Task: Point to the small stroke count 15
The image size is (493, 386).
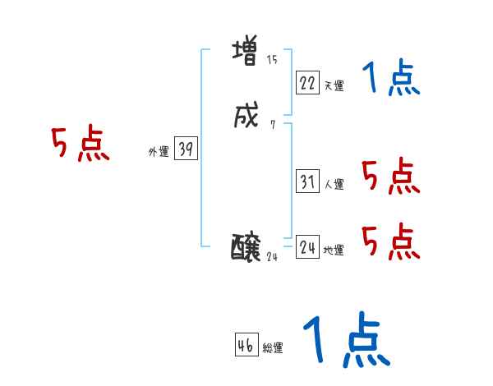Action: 272,60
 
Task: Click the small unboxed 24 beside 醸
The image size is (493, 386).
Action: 274,256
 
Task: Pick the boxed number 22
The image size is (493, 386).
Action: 307,82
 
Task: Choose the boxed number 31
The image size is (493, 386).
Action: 307,182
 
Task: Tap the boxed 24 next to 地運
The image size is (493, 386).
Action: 307,246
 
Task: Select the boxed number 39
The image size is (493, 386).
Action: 186,149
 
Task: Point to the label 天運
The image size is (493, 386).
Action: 334,85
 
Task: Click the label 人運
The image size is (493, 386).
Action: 334,185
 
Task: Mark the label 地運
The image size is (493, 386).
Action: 334,250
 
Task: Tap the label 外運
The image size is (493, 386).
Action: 159,152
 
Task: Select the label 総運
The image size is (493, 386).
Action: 273,348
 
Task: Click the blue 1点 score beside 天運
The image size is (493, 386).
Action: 390,80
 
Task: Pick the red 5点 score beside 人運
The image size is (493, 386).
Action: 390,176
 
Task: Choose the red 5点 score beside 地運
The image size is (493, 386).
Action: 390,241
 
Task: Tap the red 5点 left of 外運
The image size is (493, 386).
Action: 80,145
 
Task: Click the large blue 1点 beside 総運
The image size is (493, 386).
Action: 345,341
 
